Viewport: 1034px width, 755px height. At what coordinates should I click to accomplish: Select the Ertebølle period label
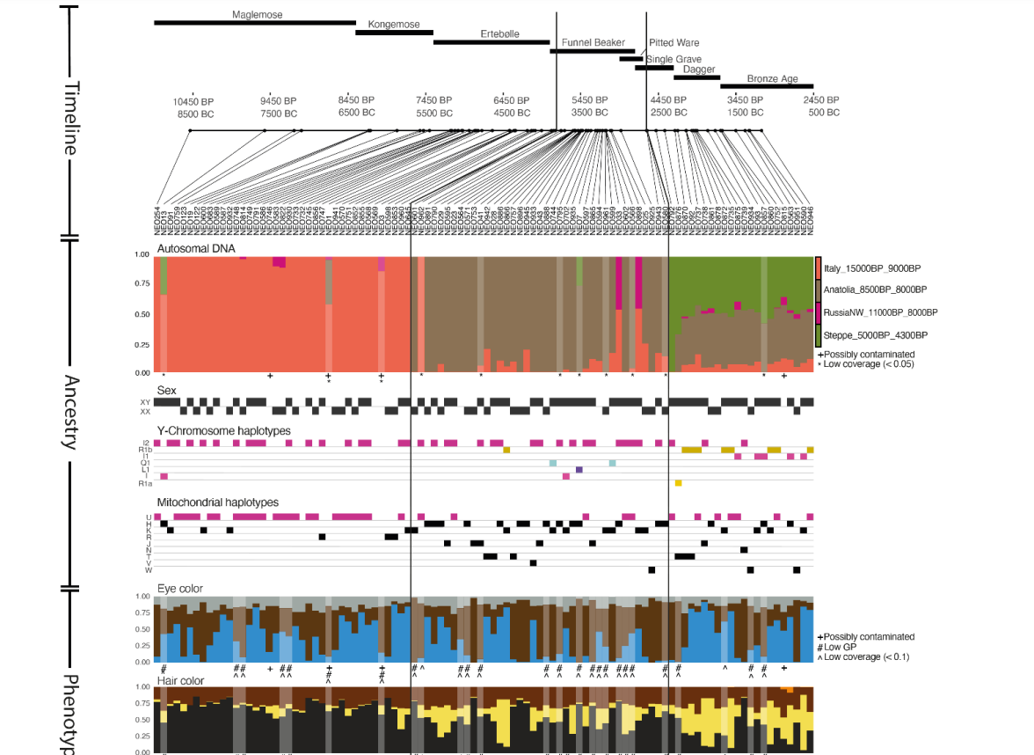(x=499, y=34)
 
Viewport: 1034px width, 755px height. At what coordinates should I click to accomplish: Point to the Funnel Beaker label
(x=593, y=42)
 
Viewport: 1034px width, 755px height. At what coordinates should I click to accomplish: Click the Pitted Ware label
(x=674, y=42)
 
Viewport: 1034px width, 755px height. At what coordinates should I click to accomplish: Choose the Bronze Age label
(x=773, y=79)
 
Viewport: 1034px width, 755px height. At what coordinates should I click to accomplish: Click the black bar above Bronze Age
(x=766, y=86)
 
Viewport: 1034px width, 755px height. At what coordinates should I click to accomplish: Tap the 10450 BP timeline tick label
(x=193, y=101)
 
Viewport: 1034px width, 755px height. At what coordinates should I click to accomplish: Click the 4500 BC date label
(x=512, y=113)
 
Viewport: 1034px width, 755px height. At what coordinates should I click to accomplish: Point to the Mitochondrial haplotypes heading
(x=217, y=502)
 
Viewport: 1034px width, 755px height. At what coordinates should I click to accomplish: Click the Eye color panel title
(x=180, y=588)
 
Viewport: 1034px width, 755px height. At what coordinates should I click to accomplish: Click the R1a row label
(x=147, y=483)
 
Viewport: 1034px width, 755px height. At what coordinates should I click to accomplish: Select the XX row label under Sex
(x=146, y=411)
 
